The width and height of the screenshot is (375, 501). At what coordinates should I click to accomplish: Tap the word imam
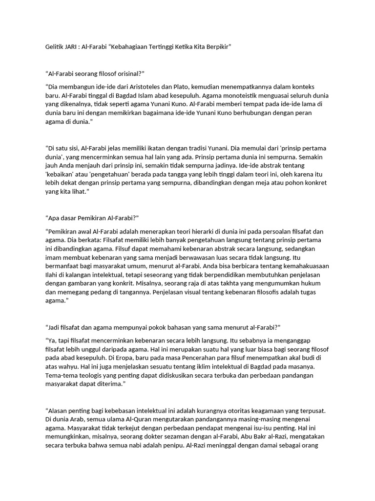53,257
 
